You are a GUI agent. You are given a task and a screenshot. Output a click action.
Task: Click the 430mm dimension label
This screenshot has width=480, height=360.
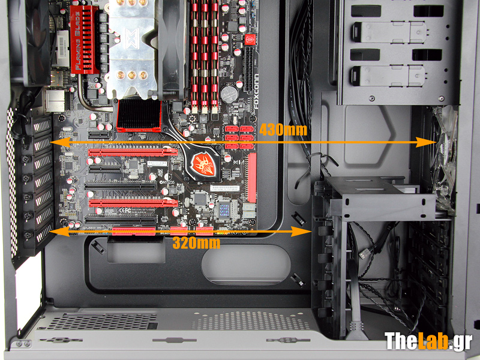pyautogui.click(x=284, y=128)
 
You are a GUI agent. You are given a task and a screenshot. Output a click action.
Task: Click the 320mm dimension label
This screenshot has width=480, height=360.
pyautogui.click(x=196, y=243)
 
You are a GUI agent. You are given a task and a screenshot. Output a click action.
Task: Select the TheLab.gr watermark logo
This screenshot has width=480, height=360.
pyautogui.click(x=428, y=340)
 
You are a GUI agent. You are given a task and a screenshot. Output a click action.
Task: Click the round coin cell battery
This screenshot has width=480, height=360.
pyautogui.click(x=228, y=94)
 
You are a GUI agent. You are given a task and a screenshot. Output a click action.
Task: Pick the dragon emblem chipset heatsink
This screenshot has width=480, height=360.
pyautogui.click(x=200, y=161)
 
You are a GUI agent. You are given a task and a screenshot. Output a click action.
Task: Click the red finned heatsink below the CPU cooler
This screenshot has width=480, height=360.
pyautogui.click(x=139, y=115)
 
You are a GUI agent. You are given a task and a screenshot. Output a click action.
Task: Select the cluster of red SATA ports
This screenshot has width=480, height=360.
pyautogui.click(x=239, y=137)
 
